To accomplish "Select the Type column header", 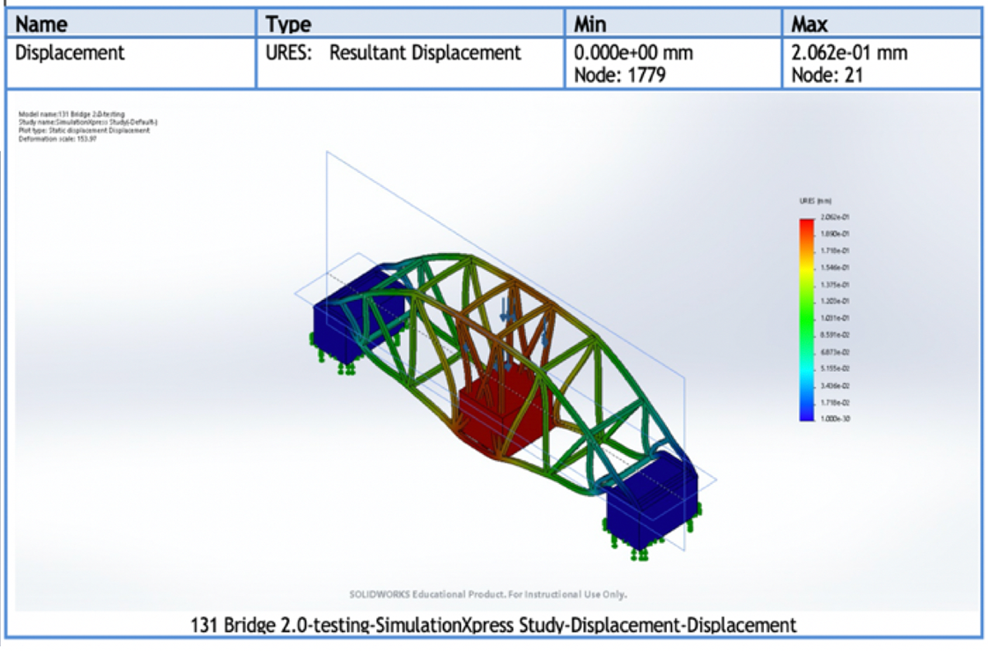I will (x=288, y=24).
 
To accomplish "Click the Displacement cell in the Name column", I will (x=70, y=54).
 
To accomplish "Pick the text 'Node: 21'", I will (x=827, y=76).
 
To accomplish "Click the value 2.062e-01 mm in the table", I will (x=849, y=54).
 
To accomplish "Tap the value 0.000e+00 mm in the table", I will (x=633, y=54).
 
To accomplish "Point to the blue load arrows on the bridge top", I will (x=507, y=311).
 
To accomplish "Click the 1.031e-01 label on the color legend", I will (x=832, y=317).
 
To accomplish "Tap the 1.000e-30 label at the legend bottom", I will (x=832, y=419).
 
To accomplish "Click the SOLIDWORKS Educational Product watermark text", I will (x=487, y=593).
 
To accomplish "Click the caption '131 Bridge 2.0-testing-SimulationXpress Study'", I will (x=493, y=625).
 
